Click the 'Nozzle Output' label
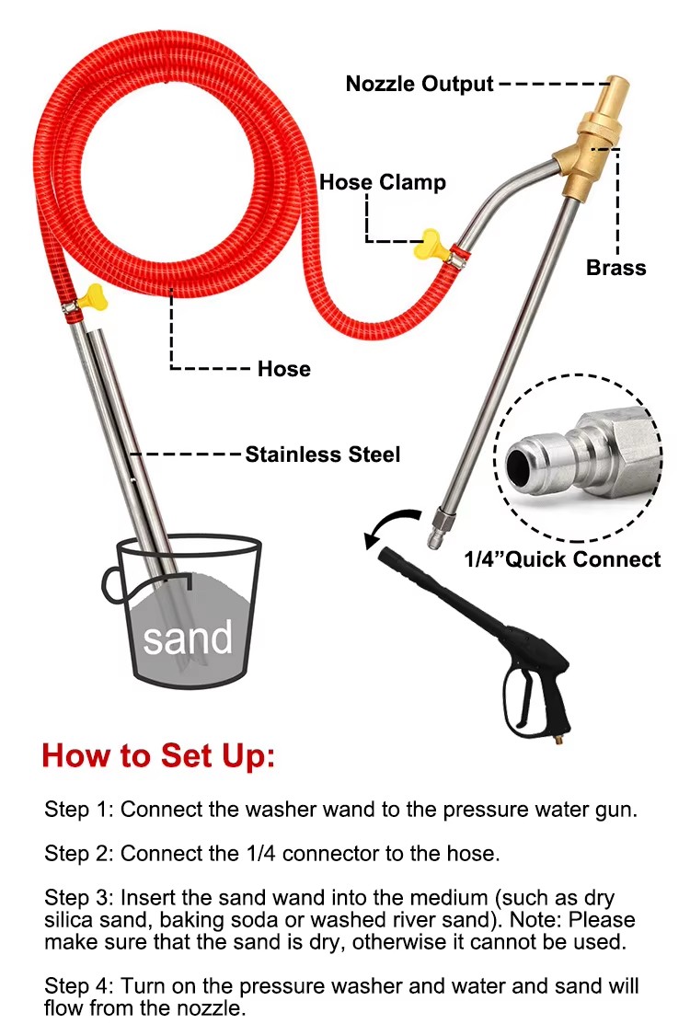[x=420, y=85]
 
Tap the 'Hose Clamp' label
[x=383, y=182]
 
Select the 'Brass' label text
[x=615, y=268]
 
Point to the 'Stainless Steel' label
[x=323, y=454]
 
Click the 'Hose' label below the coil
[x=284, y=369]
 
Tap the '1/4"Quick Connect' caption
[x=562, y=559]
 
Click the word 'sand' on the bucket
[x=188, y=638]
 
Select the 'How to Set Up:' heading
[x=158, y=756]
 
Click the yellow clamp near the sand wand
[x=91, y=296]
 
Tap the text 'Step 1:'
[x=79, y=809]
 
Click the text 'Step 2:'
[x=79, y=854]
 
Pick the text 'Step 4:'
[x=79, y=986]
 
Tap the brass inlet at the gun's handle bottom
[x=558, y=742]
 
